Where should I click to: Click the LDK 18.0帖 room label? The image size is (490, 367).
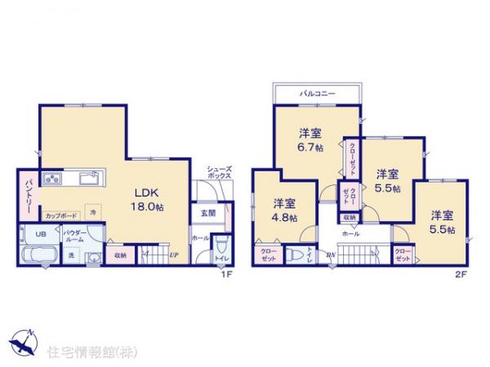pyautogui.click(x=153, y=200)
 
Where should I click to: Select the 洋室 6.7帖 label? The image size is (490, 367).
pyautogui.click(x=310, y=139)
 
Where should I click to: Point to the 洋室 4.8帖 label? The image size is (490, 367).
pyautogui.click(x=283, y=210)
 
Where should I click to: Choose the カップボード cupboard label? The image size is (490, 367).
pyautogui.click(x=60, y=216)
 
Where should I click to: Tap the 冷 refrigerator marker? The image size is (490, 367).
pyautogui.click(x=93, y=212)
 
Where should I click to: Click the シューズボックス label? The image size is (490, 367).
pyautogui.click(x=218, y=171)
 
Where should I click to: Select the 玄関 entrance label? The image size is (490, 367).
pyautogui.click(x=207, y=214)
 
